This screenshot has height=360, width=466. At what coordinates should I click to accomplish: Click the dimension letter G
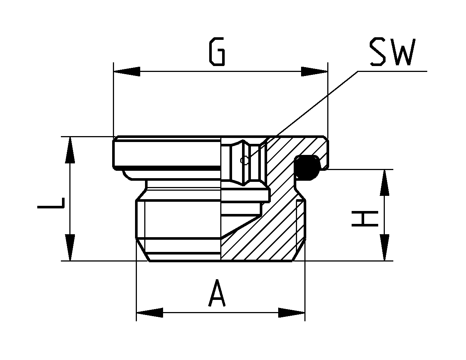coord(217,51)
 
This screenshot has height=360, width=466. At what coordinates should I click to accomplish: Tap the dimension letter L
coord(51,203)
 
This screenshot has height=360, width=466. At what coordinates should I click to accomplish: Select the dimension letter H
coord(365,219)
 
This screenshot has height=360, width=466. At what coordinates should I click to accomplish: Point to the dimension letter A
coord(217,292)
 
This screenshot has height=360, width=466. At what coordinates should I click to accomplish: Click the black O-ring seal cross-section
coord(307,167)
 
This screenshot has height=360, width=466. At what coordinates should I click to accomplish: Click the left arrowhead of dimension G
coord(127,71)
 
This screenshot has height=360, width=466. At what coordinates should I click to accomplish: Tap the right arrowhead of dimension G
coord(314,71)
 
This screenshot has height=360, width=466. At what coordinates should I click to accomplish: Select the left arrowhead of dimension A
coord(150,313)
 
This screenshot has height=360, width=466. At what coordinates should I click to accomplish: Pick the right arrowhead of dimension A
coord(291,313)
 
